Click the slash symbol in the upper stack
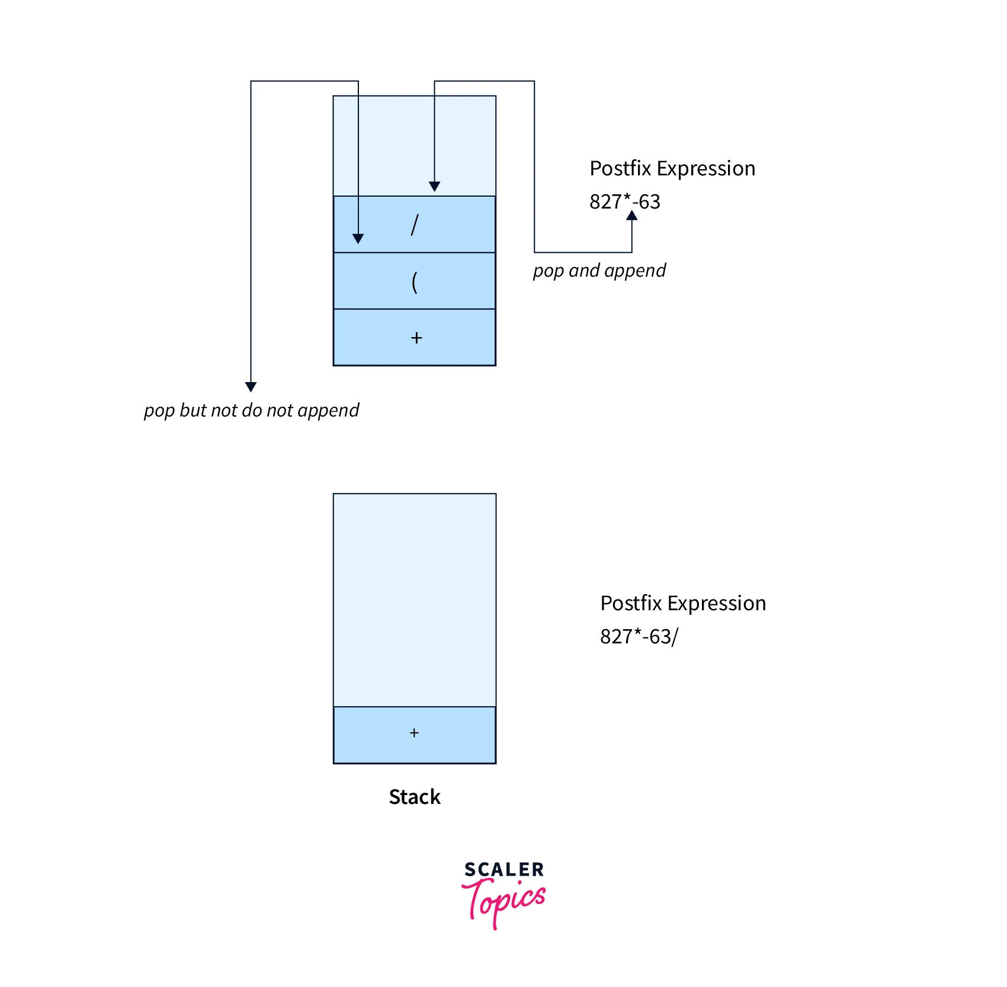pos(415,225)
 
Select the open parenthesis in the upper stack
pos(415,281)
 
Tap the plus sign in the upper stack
pos(416,338)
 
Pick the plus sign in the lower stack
pos(414,733)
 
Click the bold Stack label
pos(415,797)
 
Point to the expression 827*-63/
pos(639,636)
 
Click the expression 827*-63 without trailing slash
pos(624,201)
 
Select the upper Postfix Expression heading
pos(672,168)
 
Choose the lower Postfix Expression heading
pos(683,603)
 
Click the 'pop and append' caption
pos(599,271)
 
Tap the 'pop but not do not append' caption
pos(251,410)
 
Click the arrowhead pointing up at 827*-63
pos(632,216)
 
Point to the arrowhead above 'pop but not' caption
pos(251,387)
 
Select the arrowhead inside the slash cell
pos(358,239)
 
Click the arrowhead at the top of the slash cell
pos(434,187)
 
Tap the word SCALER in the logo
pos(504,870)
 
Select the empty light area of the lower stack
pos(415,598)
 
